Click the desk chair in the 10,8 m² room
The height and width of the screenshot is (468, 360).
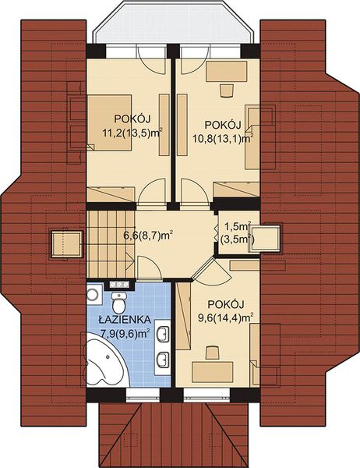pyautogui.click(x=226, y=89)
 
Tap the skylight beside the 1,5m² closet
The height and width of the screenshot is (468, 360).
pyautogui.click(x=270, y=238)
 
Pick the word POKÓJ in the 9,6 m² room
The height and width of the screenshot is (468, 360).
pyautogui.click(x=226, y=304)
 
